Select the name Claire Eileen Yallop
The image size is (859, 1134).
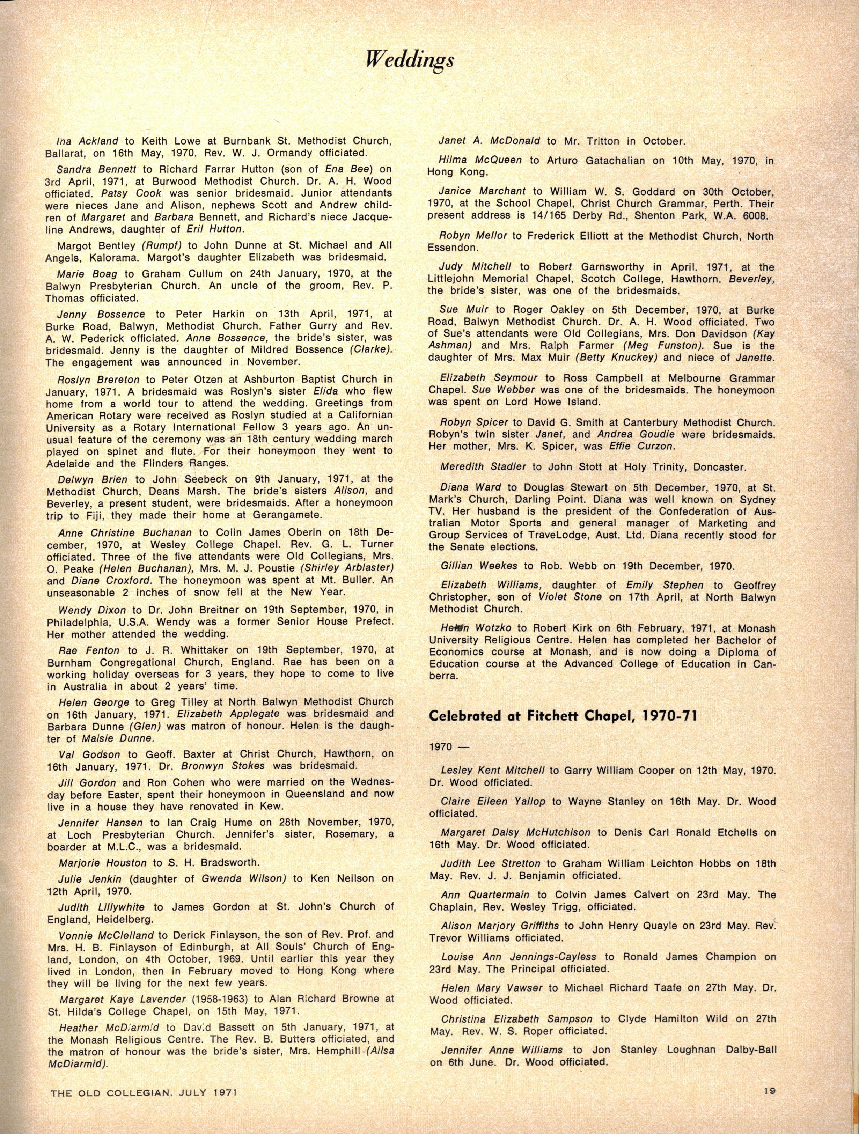coord(493,801)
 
